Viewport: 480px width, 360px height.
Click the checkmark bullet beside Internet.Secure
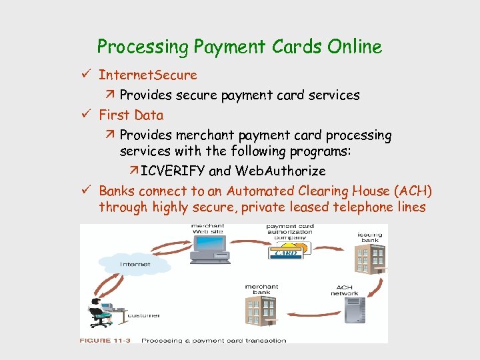click(x=89, y=75)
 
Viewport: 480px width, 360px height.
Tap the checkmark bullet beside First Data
click(x=89, y=115)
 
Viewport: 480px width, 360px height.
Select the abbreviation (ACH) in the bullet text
click(x=413, y=191)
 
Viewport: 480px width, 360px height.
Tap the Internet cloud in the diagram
click(x=134, y=265)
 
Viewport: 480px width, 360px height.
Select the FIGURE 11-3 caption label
click(x=105, y=340)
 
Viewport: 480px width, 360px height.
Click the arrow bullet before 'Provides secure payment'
click(x=112, y=95)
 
